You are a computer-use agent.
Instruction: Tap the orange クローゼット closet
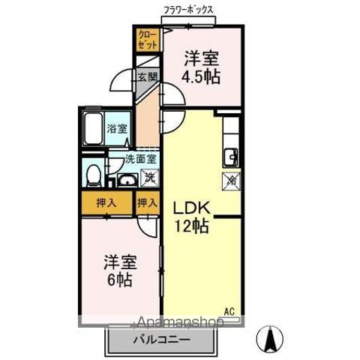tap(145, 39)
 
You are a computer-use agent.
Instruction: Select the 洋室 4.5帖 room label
tap(202, 67)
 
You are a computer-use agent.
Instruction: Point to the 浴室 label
tap(117, 128)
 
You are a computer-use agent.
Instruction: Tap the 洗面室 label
tap(140, 158)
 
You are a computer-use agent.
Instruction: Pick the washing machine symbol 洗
tap(150, 178)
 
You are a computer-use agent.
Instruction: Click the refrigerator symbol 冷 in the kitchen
tap(232, 180)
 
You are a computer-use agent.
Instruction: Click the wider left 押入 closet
tap(106, 202)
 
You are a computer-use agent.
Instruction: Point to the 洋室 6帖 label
tap(119, 271)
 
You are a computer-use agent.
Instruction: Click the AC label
tap(229, 310)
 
